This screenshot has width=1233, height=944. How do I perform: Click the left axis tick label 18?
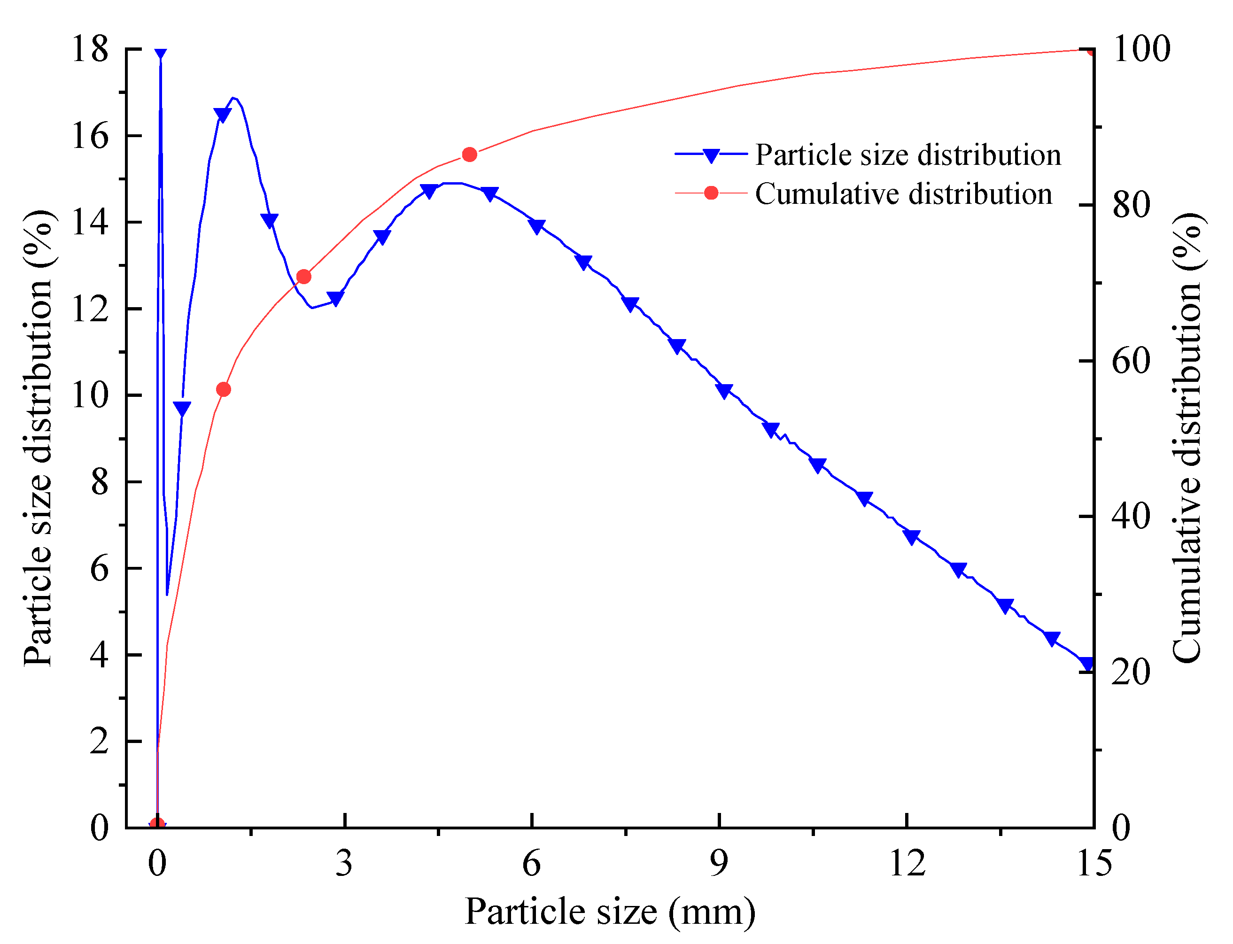90,49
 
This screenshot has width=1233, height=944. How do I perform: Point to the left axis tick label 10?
90,395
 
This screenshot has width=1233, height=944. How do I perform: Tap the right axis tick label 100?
1141,49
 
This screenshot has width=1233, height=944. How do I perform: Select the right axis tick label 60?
1131,361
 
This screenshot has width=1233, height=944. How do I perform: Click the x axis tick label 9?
719,863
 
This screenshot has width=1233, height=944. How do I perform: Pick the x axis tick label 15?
1093,863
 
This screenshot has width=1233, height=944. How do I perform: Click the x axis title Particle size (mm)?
610,912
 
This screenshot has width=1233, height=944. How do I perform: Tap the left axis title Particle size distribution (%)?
38,438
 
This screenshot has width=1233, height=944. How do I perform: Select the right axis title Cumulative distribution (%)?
1187,438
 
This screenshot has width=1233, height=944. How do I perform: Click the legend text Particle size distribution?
907,155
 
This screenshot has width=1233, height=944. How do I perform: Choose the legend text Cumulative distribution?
903,194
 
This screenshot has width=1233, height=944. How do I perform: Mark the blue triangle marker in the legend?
711,155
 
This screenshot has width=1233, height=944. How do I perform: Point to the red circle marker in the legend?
711,193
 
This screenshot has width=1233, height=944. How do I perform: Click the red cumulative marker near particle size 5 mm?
469,155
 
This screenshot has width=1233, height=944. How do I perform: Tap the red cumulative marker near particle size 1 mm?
223,390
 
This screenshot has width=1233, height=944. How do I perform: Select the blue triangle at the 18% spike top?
161,54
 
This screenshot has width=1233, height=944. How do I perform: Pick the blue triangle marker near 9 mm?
724,392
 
